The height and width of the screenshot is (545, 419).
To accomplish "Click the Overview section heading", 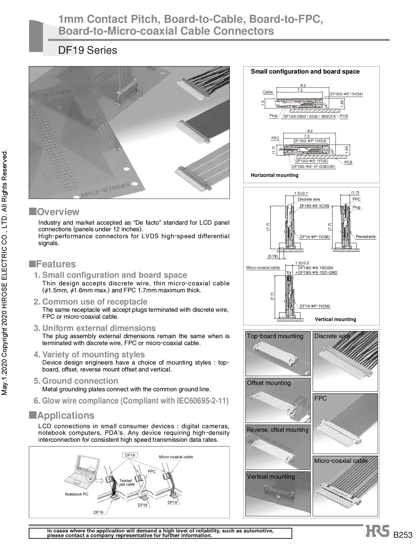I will coord(58,212).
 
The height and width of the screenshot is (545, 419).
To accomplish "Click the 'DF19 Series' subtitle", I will coord(87,50).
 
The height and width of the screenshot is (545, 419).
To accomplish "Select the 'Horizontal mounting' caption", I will coord(274,175).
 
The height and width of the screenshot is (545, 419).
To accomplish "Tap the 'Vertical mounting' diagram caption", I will coord(335,319).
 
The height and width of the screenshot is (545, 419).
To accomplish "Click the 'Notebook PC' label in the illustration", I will coord(77,494).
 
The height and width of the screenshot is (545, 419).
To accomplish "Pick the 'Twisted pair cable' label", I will coord(127,483).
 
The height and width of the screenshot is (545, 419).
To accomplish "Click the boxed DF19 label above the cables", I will coord(130,455).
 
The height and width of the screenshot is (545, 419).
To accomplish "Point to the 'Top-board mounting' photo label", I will coord(275,336).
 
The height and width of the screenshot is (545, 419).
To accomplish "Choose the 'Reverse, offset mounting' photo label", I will coord(278,430).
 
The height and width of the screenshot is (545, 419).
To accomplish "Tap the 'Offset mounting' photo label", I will coord(269,383).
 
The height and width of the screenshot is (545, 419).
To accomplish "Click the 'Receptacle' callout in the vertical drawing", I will coord(366,237).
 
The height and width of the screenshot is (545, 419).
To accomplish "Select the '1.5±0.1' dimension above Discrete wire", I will coord(301,193).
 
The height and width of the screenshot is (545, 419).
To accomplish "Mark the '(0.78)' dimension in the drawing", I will coord(273,256).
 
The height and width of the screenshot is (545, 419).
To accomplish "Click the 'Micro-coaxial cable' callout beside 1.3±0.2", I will coord(263,268).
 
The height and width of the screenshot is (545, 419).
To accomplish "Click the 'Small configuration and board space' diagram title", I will coord(305,72).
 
